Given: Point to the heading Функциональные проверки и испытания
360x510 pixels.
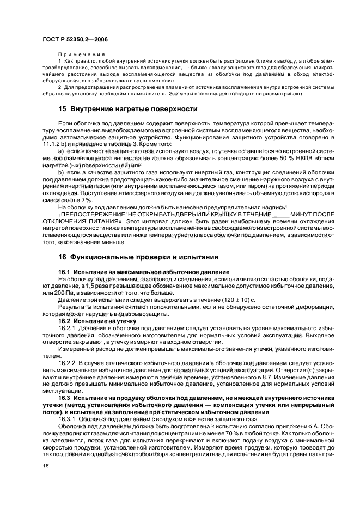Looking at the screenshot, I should pos(138,257).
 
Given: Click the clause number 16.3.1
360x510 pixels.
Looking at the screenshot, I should pos(68,420).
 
